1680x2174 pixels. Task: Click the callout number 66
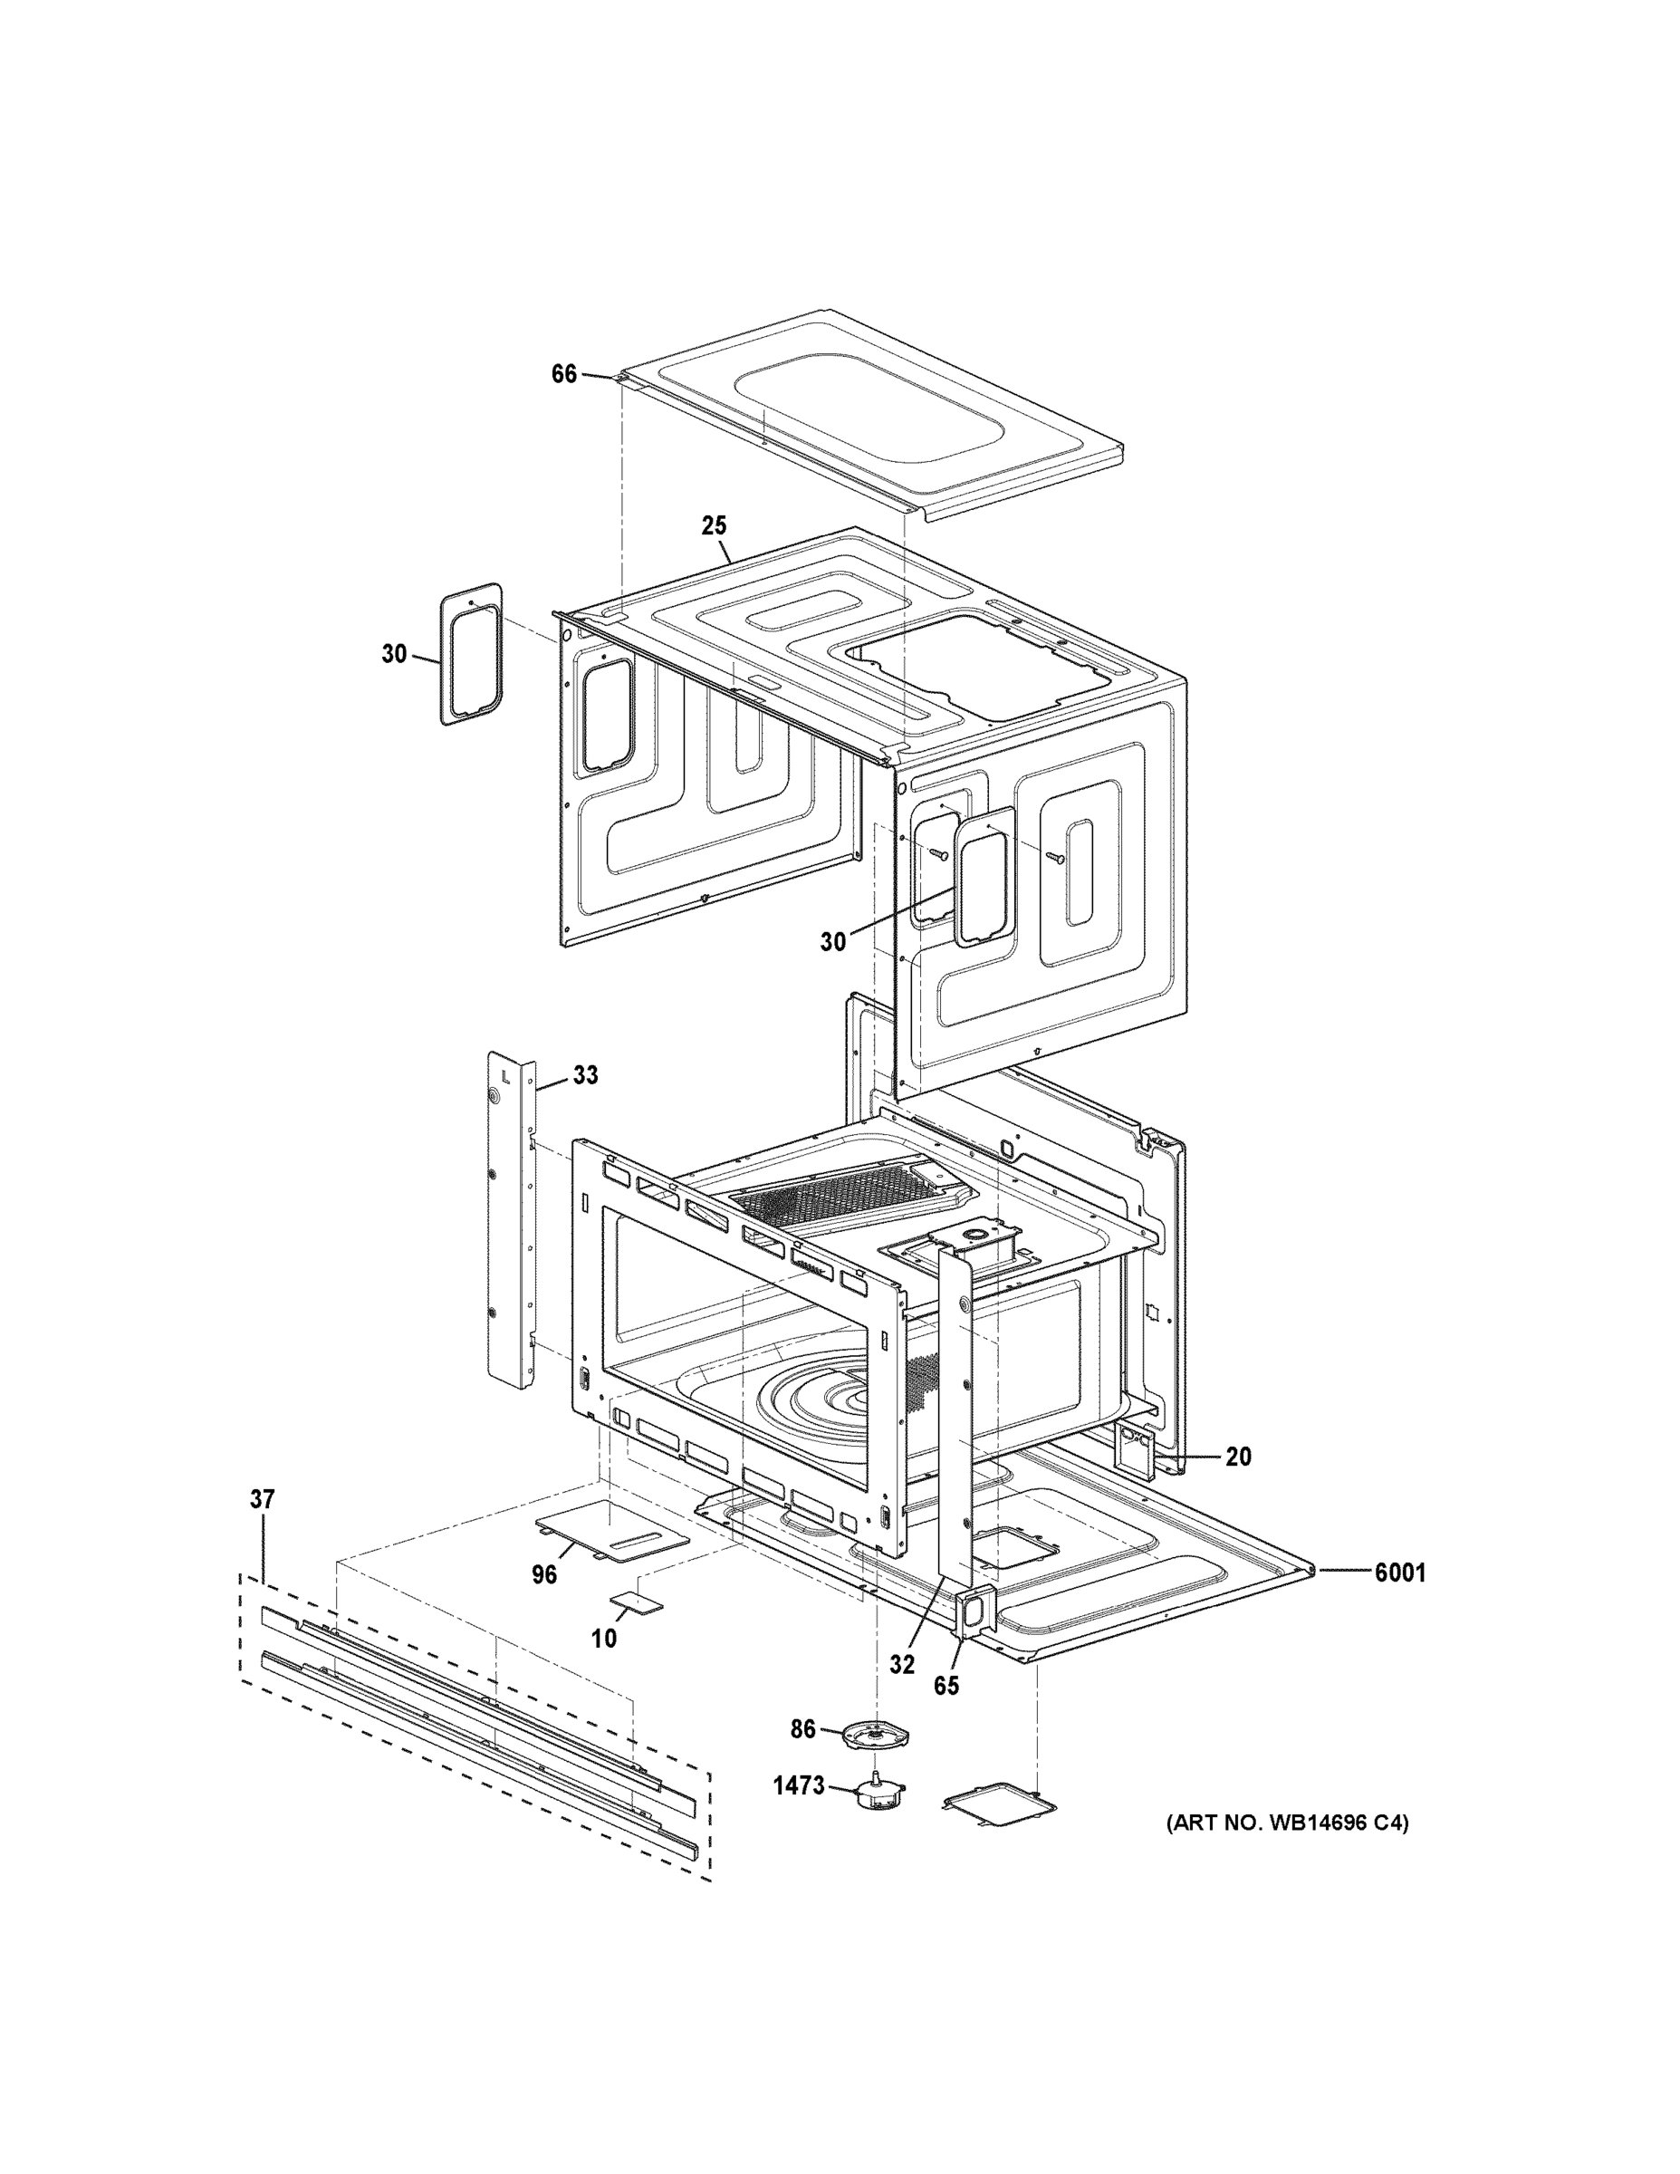[x=563, y=374]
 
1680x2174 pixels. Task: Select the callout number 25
[x=714, y=525]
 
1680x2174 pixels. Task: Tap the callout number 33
[x=585, y=1075]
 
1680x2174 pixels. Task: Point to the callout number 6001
[x=1400, y=1573]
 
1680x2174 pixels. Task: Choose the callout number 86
[x=802, y=1729]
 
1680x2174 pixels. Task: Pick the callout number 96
[x=544, y=1574]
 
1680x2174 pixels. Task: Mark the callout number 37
[x=262, y=1499]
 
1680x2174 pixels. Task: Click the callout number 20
[x=1238, y=1457]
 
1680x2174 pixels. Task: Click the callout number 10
[x=604, y=1639]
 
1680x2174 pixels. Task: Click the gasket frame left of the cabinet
[x=471, y=654]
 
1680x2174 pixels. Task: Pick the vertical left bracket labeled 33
[x=511, y=1219]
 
